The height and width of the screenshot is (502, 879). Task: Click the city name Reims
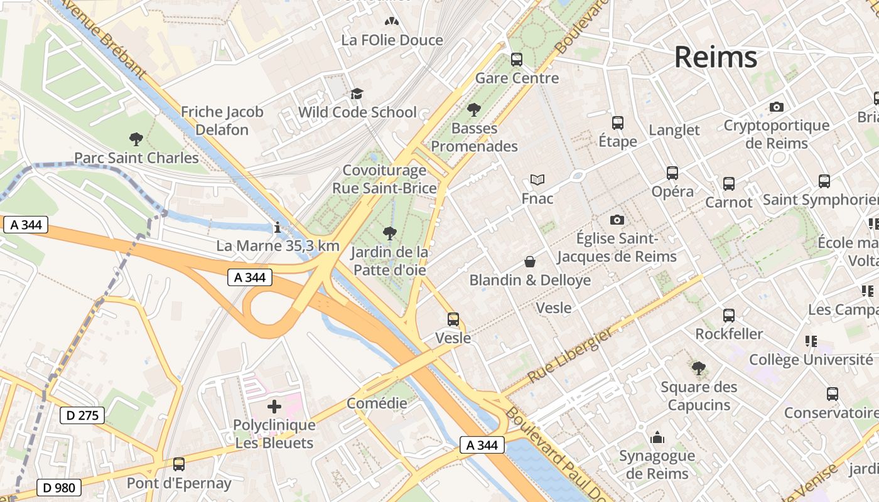[716, 57]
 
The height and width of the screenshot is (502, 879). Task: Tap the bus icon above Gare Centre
[517, 60]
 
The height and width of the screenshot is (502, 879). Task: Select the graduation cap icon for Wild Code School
[357, 94]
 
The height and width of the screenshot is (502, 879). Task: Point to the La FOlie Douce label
[392, 40]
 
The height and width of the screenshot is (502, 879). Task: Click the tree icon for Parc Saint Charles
[136, 139]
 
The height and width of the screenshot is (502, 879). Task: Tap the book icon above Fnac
[537, 180]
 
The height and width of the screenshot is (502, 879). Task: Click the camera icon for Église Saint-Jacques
[617, 220]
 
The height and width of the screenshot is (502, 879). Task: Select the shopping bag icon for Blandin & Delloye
[530, 261]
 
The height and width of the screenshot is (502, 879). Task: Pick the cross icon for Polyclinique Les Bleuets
[274, 406]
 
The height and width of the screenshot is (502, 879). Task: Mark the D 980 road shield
[59, 487]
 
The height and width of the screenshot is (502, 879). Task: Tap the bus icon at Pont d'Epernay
[179, 464]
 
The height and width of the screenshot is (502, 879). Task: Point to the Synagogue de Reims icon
[657, 437]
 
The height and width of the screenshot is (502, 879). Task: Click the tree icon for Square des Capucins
[698, 368]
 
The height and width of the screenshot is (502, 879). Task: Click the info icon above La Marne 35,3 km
[277, 227]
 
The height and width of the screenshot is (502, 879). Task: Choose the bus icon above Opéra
[672, 173]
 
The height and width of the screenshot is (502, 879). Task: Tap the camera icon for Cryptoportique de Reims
[777, 107]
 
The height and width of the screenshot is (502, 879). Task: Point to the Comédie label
[377, 403]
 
